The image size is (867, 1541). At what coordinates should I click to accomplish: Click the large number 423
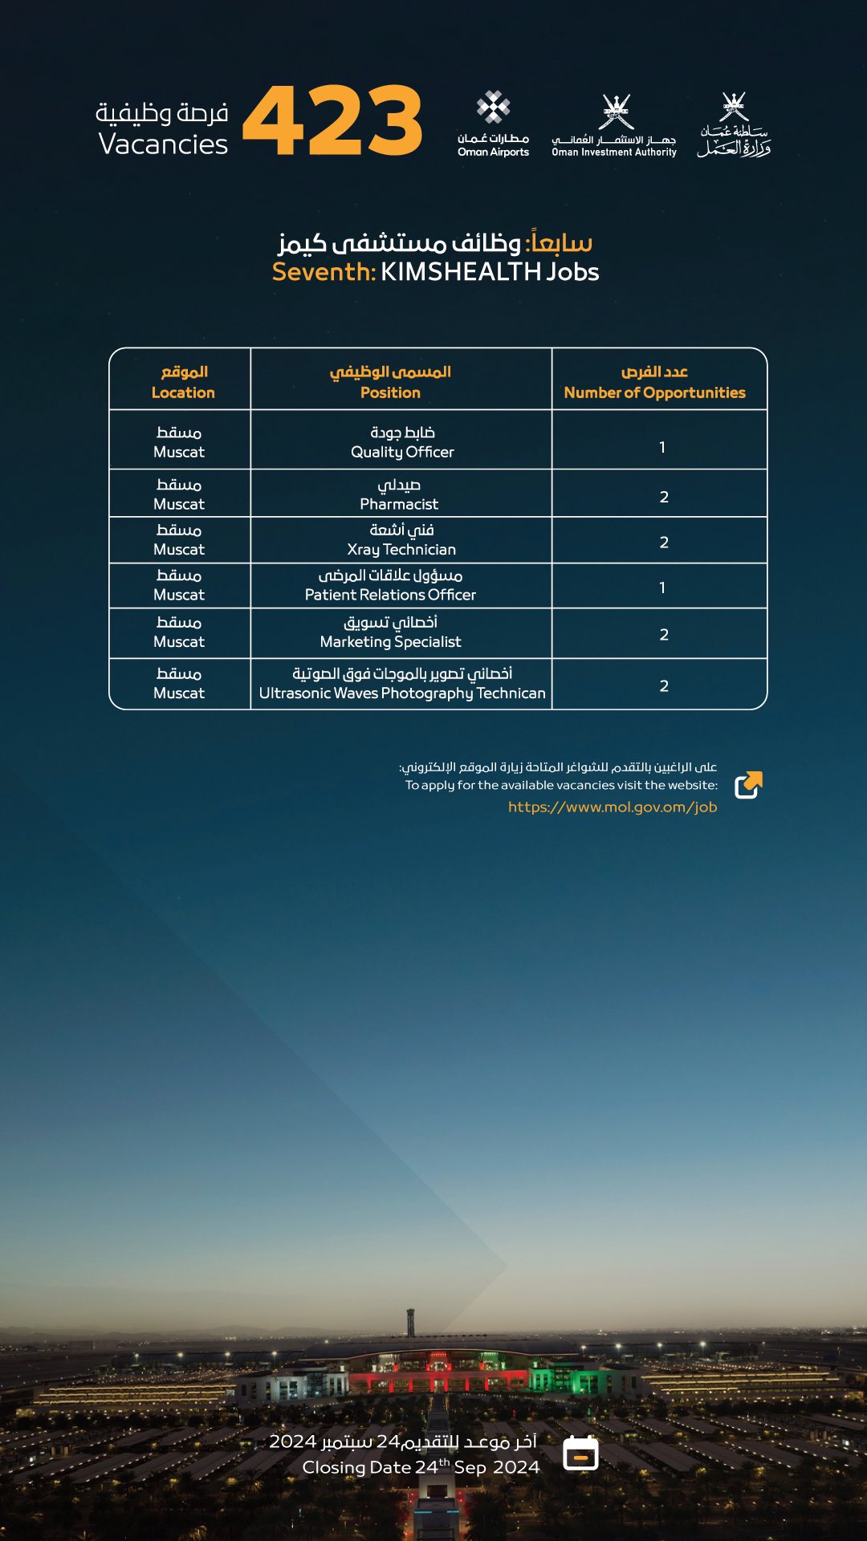coord(332,121)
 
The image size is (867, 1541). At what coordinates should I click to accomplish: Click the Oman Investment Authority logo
coord(614,124)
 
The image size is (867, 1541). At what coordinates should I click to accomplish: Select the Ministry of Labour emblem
coord(734,124)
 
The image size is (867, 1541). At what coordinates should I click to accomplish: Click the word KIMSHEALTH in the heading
coord(461,272)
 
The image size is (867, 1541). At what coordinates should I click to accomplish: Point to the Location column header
coord(183,382)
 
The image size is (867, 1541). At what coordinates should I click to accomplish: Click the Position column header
coord(390,382)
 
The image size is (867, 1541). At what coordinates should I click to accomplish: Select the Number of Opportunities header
coord(654,382)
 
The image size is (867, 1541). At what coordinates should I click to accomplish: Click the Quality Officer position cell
coord(402,442)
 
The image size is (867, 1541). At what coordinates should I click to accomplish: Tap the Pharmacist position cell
coord(399,494)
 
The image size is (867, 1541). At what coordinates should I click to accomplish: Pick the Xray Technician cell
coord(401,539)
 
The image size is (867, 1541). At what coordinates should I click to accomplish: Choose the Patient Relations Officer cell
coord(390,585)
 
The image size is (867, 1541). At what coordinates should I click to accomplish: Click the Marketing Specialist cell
coord(390,632)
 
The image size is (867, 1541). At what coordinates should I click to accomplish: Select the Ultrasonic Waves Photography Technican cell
coord(402,683)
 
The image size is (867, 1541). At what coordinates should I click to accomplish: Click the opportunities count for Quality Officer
coord(662,447)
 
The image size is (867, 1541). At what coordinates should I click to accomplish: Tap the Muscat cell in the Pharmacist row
coord(179,494)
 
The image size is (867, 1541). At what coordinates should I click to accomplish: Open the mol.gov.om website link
coord(612,807)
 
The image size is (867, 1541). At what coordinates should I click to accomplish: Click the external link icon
coord(748,785)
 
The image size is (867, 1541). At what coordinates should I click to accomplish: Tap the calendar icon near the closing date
coord(580,1453)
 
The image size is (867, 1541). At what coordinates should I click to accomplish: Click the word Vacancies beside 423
coord(163,144)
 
